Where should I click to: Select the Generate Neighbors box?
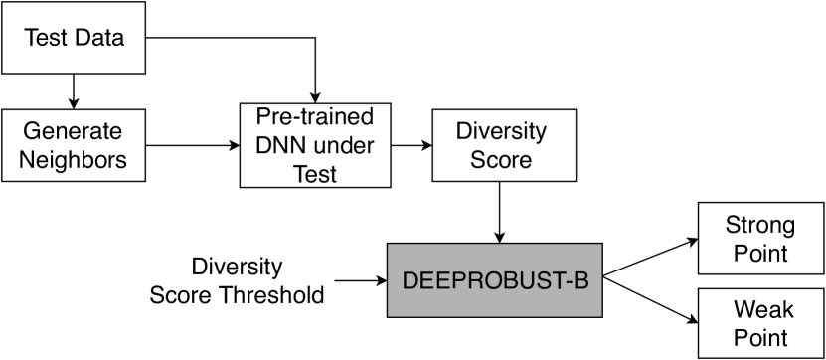(76, 144)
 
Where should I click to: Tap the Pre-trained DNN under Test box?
(314, 145)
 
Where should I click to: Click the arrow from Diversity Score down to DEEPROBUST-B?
(497, 212)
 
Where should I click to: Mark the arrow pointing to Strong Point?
(651, 256)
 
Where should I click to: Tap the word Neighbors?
(76, 159)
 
